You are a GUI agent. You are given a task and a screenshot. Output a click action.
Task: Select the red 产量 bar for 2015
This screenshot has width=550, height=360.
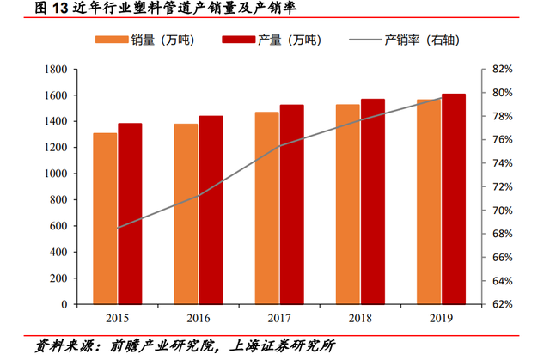(130, 214)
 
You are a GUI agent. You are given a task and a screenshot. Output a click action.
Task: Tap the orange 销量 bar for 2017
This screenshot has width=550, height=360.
(267, 208)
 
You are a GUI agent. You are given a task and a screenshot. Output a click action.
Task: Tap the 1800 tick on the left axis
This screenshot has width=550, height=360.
(56, 69)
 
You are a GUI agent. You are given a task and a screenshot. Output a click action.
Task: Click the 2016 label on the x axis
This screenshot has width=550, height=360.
(199, 318)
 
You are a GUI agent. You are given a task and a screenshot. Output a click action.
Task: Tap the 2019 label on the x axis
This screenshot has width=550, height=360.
(442, 318)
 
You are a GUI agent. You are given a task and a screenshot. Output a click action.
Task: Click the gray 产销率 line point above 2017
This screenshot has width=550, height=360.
(280, 146)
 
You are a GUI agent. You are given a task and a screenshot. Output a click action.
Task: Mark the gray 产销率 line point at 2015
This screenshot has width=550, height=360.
(118, 228)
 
